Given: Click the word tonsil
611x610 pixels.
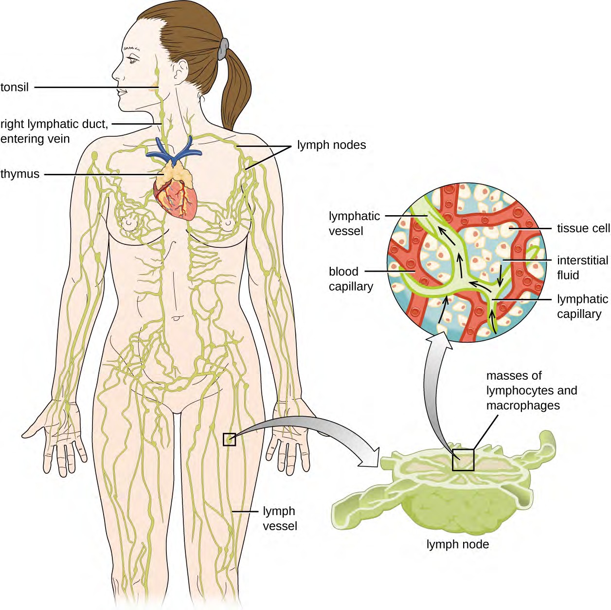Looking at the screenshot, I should pos(15,88).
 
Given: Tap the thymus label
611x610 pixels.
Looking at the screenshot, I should pos(20,174).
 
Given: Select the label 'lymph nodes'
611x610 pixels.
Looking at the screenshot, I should pos(331,145).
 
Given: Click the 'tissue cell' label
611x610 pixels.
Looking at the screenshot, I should pos(583,228).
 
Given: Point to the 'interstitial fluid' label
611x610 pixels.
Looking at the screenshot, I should pos(582,267).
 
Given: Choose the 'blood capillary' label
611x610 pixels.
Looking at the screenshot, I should pos(350,279).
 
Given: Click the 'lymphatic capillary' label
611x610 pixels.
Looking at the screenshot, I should pos(582,306).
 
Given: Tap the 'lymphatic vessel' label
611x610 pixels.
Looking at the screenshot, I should pos(354,223).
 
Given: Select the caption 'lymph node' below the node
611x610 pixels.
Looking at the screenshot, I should pos(457,544).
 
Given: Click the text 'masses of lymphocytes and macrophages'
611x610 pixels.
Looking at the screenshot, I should pos(531,390).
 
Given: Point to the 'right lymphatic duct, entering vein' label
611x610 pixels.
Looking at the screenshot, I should pos(54,131).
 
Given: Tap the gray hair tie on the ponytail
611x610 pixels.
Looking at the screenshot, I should pos(223,48).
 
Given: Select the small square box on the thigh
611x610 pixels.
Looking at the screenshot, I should pos(229,439).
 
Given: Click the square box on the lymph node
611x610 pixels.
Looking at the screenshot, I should pos(463,460).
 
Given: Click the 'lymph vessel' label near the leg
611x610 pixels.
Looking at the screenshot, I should pos(279,518).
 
